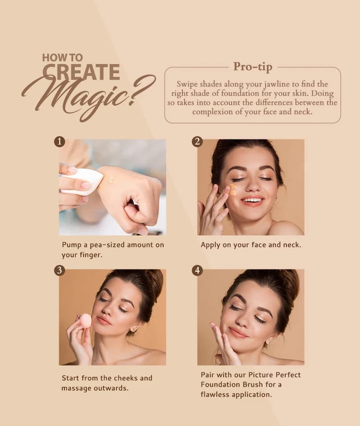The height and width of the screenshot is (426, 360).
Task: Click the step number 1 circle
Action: pyautogui.click(x=60, y=141)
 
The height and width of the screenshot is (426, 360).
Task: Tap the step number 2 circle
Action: pyautogui.click(x=197, y=141)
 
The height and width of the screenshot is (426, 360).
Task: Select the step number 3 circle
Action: pyautogui.click(x=60, y=271)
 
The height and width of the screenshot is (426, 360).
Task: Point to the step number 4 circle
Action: pyautogui.click(x=197, y=271)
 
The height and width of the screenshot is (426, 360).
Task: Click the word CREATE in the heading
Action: pyautogui.click(x=81, y=71)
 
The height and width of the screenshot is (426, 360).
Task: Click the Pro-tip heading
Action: pyautogui.click(x=253, y=67)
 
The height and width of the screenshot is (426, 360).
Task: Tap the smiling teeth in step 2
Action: pyautogui.click(x=251, y=200)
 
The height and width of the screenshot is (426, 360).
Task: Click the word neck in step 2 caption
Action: pyautogui.click(x=290, y=245)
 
